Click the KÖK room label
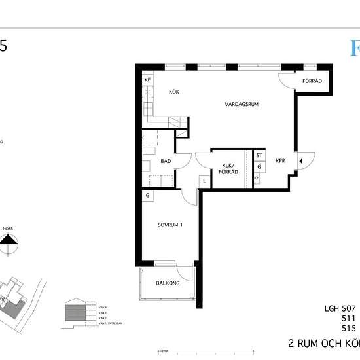(173, 92)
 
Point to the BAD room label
(166, 160)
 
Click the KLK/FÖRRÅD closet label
(229, 169)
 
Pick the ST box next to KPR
(259, 156)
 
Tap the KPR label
(280, 160)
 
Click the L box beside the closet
(204, 181)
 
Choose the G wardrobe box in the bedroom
(148, 195)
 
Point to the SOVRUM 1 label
(169, 225)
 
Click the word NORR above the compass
(8, 229)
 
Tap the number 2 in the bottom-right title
(292, 343)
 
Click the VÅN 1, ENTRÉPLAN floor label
(107, 323)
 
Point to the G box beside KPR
(259, 167)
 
